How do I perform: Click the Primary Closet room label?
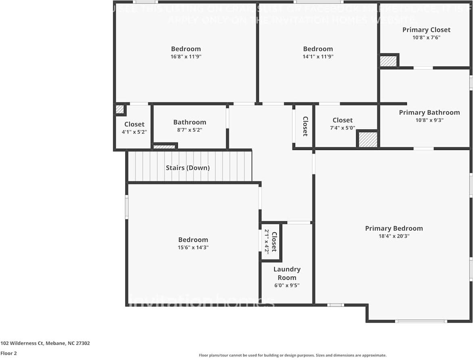(426, 30)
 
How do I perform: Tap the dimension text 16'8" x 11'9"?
(186, 57)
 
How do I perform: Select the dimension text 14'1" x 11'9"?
(318, 57)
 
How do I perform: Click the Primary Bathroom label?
(429, 112)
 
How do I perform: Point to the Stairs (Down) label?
(188, 168)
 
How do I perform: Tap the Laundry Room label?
(287, 273)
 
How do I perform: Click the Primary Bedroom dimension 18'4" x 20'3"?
(394, 236)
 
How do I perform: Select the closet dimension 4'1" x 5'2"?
(134, 131)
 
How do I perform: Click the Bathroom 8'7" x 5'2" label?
(190, 122)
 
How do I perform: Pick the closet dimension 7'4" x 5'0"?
(342, 127)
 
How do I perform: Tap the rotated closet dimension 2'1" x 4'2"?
(267, 241)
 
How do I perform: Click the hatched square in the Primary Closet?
(388, 61)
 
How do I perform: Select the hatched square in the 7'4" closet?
(367, 139)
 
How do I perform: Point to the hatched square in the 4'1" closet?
(119, 109)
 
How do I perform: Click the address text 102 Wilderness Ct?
(45, 343)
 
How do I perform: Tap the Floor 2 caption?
(8, 353)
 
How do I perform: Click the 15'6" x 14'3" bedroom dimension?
(193, 248)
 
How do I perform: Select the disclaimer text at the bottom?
(292, 355)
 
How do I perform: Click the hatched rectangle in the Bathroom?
(165, 147)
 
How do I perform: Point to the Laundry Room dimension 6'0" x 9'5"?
(287, 285)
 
